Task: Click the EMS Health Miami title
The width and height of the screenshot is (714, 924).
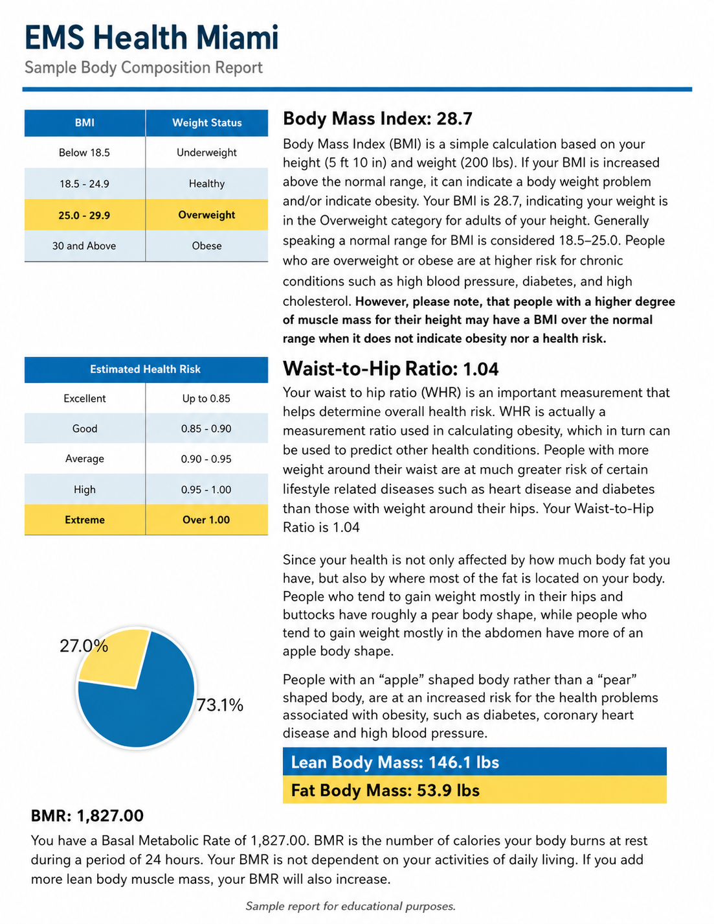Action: [x=151, y=38]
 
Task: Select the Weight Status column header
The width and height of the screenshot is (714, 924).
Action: [x=206, y=122]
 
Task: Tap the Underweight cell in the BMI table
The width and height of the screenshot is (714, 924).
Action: [x=206, y=153]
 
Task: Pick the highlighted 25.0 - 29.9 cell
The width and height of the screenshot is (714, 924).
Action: [x=84, y=215]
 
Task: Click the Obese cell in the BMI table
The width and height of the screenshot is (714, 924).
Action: [x=206, y=246]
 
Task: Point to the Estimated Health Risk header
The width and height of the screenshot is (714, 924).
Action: [x=146, y=369]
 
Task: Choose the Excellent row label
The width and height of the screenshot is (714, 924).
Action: [x=85, y=398]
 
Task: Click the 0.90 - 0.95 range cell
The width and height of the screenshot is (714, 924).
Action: [x=206, y=459]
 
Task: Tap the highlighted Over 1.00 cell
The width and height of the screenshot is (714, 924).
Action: [x=206, y=520]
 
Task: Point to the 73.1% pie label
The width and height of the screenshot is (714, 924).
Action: [x=220, y=705]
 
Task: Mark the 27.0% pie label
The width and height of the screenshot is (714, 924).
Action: [x=84, y=646]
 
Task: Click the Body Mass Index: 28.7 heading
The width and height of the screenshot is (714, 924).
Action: [x=378, y=119]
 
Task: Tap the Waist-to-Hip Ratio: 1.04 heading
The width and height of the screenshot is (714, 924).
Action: [x=391, y=369]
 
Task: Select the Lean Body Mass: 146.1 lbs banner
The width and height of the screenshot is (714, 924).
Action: [x=474, y=762]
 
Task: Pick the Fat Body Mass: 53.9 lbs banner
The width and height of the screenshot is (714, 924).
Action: [x=474, y=791]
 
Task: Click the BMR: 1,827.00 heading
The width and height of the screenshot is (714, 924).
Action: [x=87, y=816]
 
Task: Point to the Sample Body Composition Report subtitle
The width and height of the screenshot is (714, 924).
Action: [x=144, y=67]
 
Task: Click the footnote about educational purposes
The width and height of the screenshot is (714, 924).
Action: [x=350, y=907]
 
